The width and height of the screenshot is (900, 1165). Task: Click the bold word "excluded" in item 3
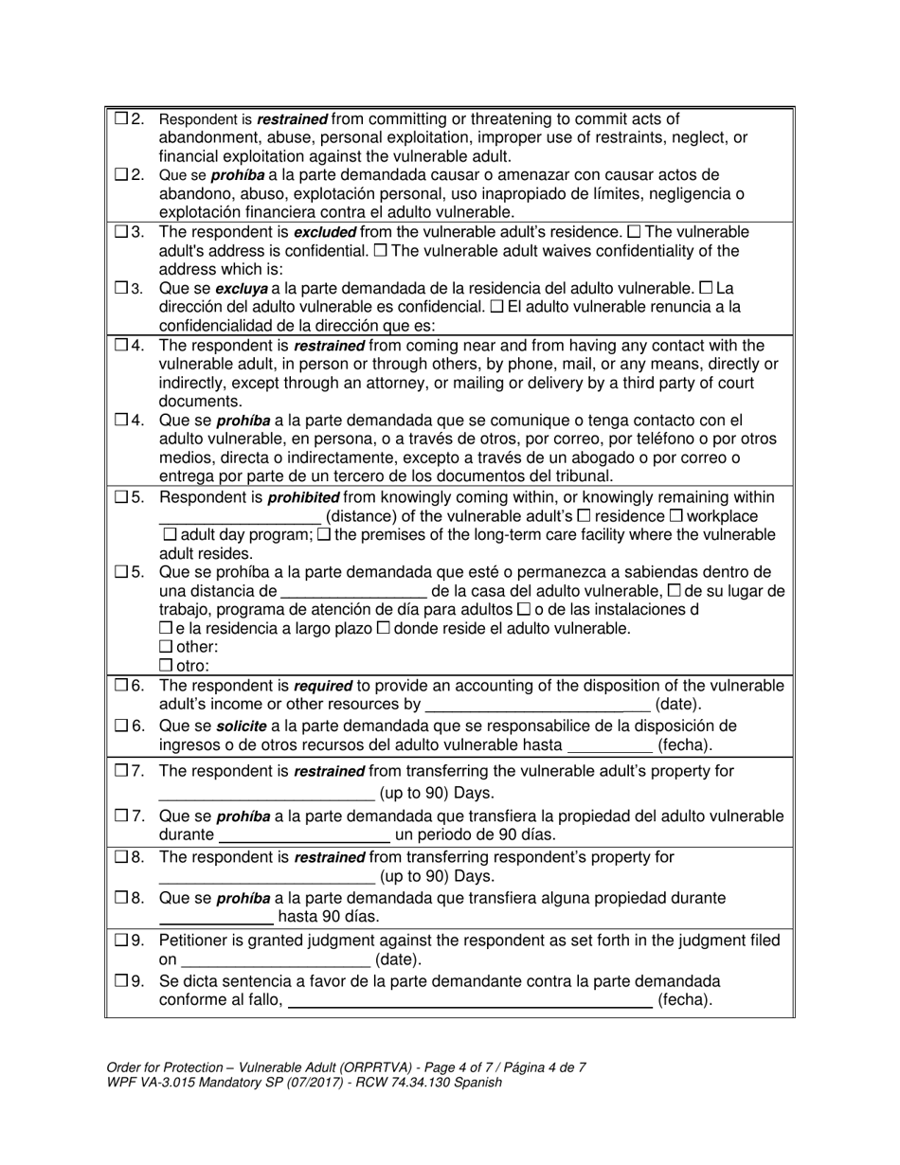coord(326,232)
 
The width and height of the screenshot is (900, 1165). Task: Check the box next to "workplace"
coord(676,516)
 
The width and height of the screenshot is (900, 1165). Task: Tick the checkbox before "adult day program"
coord(167,535)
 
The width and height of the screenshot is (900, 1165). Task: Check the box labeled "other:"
coord(167,647)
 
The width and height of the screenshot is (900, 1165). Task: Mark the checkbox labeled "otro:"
coord(167,666)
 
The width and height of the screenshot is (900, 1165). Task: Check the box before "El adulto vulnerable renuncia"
coord(497,307)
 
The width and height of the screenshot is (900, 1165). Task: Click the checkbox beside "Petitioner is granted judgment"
coord(121,941)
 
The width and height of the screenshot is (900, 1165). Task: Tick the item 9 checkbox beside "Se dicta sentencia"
coord(121,981)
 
